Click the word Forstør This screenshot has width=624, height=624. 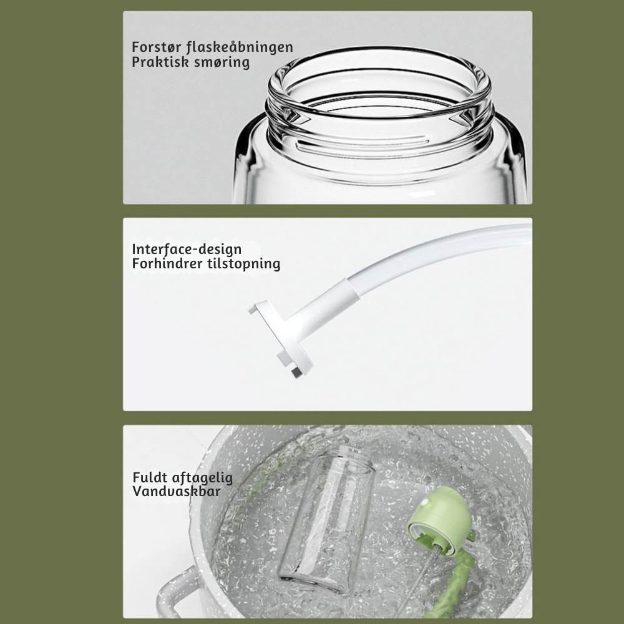[157, 47]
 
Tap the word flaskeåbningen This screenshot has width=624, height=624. [240, 47]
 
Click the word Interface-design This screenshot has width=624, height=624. [187, 249]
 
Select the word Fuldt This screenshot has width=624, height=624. [149, 477]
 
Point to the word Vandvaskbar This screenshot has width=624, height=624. [177, 491]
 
